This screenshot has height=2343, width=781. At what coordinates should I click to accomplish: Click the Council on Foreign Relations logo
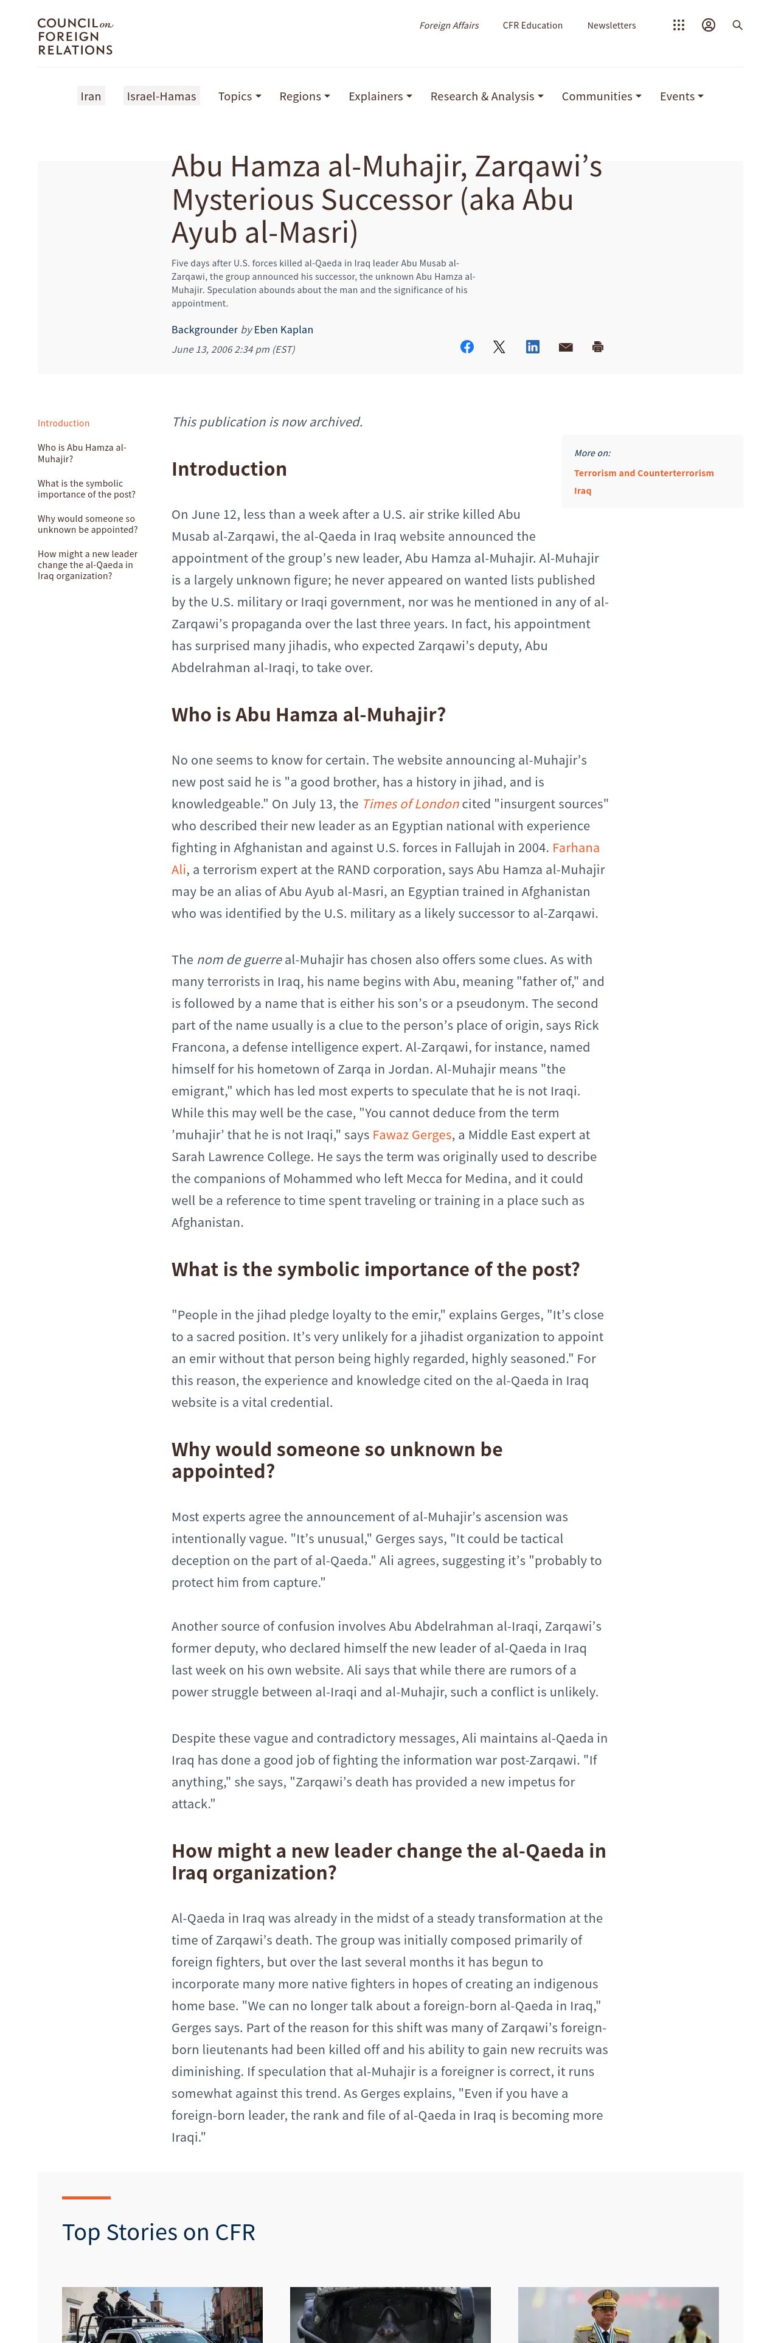coord(75,36)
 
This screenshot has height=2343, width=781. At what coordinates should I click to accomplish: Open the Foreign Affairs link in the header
coord(448,26)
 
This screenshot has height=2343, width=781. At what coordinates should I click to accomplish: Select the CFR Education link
coord(532,26)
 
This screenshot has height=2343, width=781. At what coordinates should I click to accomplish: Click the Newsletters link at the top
coord(611,26)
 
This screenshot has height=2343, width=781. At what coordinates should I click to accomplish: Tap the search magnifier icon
coord(737,26)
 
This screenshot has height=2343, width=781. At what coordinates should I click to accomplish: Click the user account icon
coord(708,26)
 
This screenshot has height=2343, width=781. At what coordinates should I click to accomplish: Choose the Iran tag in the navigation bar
coord(91,97)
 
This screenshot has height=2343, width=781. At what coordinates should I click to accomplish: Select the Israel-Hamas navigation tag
coord(161,97)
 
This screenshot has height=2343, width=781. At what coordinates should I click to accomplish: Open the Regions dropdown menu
coord(304,97)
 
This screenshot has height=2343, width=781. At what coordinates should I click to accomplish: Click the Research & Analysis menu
coord(487,97)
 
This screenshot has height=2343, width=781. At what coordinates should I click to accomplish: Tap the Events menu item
coord(681,97)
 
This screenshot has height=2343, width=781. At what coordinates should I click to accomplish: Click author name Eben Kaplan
coord(283,329)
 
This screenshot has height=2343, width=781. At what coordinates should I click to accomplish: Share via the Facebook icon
coord(467,347)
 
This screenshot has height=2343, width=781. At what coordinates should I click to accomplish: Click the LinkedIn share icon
coord(533,347)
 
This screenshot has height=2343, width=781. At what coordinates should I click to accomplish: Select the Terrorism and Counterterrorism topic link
coord(644,473)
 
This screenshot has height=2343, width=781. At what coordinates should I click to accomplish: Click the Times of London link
coord(410,804)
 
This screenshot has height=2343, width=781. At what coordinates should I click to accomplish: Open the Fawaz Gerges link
coord(412,1135)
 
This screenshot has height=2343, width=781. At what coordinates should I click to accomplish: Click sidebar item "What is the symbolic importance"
coord(86,489)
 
